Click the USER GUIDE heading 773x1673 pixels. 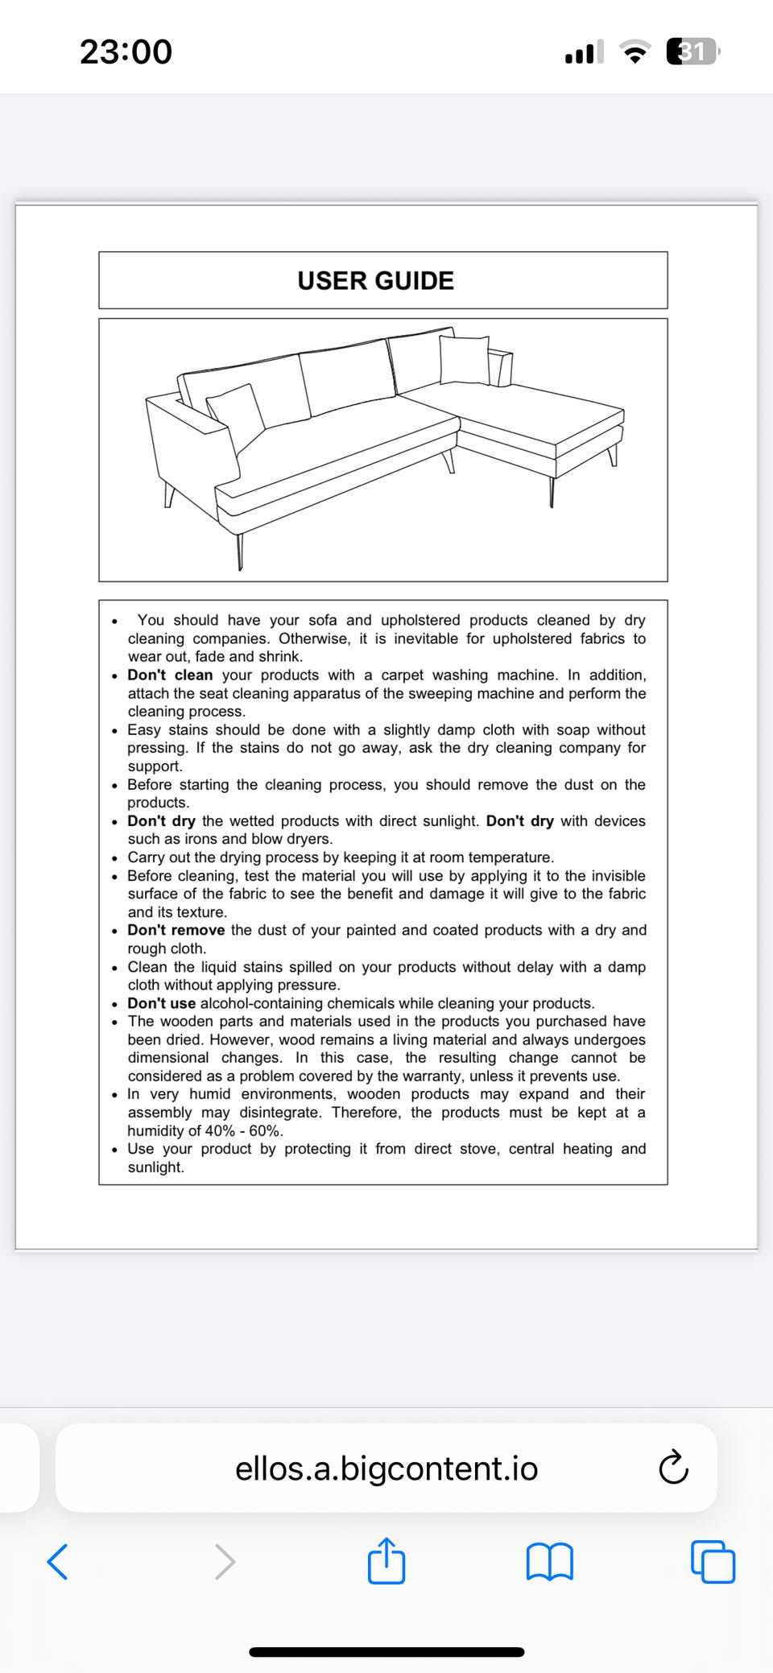click(375, 280)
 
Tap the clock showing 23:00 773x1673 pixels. click(126, 52)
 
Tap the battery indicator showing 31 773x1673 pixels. click(692, 52)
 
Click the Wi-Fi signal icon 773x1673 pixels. click(635, 53)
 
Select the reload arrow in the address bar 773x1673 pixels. click(673, 1467)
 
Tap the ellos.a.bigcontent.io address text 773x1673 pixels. click(386, 1469)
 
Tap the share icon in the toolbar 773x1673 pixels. click(386, 1561)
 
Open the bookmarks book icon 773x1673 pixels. click(549, 1562)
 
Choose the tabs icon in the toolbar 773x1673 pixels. click(713, 1562)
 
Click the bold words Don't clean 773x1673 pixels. click(170, 675)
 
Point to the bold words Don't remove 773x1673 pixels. click(176, 931)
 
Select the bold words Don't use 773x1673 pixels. click(161, 1004)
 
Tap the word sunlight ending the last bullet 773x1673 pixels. click(155, 1167)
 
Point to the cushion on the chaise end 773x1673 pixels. click(465, 359)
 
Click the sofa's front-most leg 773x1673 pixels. click(239, 551)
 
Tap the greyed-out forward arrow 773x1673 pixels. click(225, 1562)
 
